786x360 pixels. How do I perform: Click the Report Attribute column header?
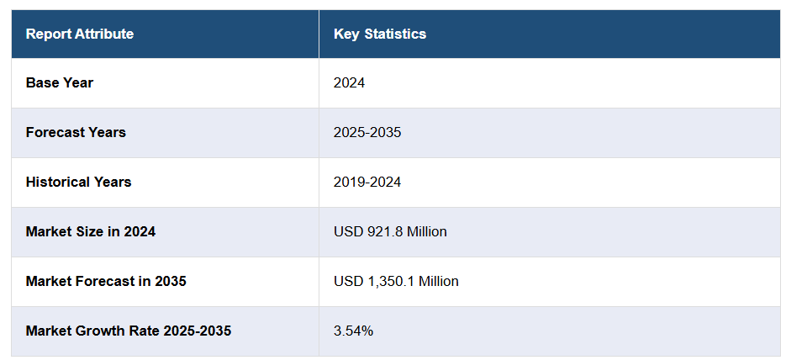(80, 34)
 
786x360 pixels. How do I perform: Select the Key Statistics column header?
(380, 34)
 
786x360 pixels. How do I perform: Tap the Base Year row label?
(60, 83)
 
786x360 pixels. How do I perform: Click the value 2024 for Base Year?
(349, 83)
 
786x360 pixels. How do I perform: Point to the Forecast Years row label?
(76, 133)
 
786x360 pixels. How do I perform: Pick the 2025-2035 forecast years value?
(367, 133)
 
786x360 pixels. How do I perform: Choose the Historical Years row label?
(78, 182)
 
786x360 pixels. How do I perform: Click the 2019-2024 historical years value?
(367, 182)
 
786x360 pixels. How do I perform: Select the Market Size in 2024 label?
(91, 231)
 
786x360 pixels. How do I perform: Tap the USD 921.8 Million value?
(390, 231)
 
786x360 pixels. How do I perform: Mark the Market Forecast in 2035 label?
(106, 281)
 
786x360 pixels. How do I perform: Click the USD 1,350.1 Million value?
(396, 281)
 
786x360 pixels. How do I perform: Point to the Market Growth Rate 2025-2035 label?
(129, 331)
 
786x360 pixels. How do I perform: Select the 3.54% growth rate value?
(353, 331)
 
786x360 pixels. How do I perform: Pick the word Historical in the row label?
(56, 182)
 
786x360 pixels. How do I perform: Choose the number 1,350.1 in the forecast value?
(390, 281)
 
